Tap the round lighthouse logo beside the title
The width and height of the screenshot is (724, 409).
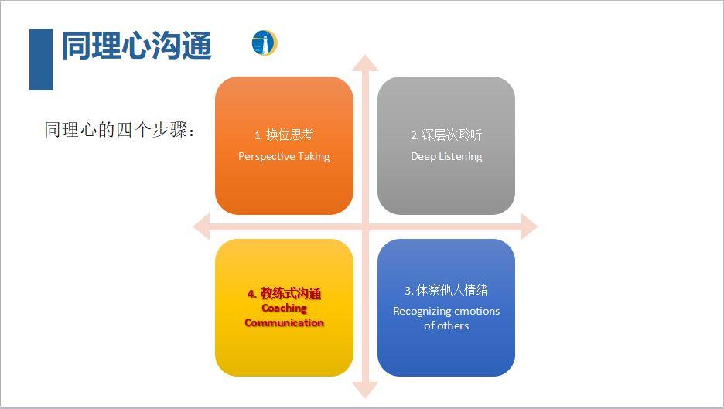[x=264, y=43]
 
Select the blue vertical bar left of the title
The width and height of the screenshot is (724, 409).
[x=40, y=60]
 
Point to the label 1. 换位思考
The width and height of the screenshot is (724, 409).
[x=284, y=135]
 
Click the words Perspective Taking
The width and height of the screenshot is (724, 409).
[x=284, y=156]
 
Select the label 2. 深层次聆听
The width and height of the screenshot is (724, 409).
[x=446, y=135]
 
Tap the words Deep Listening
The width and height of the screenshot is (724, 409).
[x=446, y=156]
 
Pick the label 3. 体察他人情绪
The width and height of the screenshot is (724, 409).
[x=446, y=291]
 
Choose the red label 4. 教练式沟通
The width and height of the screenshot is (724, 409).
[x=284, y=294]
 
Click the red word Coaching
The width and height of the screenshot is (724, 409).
[x=284, y=308]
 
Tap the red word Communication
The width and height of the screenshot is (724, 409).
[x=284, y=322]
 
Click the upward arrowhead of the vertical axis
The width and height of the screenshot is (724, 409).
[x=365, y=62]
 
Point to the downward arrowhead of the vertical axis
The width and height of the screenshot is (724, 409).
[x=365, y=390]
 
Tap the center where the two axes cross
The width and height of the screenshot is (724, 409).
[x=365, y=227]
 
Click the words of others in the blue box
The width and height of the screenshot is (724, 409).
[x=446, y=325]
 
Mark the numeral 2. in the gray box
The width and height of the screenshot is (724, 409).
[x=415, y=135]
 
